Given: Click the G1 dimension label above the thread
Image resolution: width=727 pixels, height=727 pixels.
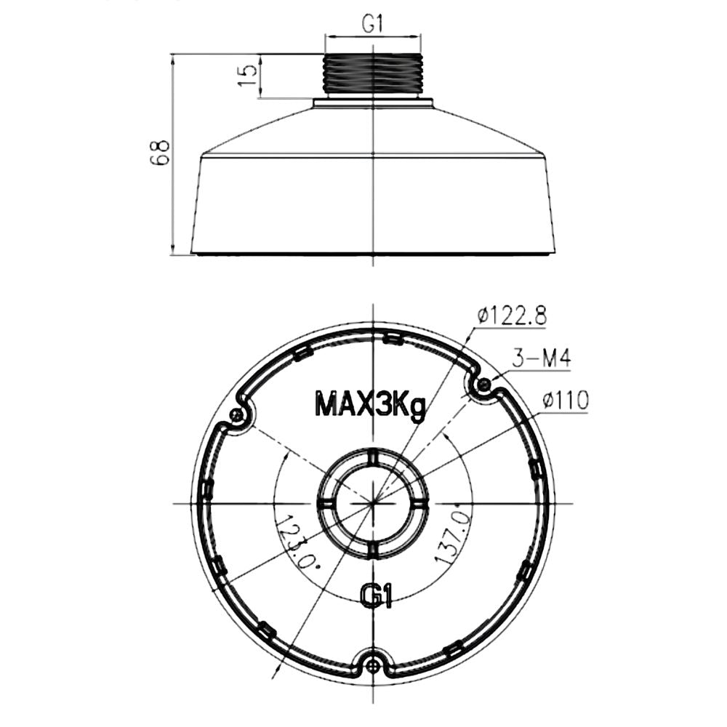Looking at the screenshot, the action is click(373, 25).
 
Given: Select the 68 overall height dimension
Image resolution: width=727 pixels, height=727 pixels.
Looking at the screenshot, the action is click(159, 152).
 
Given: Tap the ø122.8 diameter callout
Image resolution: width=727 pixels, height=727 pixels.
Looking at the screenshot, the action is click(513, 316).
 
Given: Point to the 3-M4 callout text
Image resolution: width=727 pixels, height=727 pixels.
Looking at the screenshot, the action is click(541, 358).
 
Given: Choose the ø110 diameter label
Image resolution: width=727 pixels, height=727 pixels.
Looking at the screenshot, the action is click(565, 400).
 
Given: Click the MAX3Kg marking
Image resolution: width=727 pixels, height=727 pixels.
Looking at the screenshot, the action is click(369, 405).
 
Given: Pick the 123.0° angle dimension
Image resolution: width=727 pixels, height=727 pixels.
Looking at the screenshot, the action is click(297, 541).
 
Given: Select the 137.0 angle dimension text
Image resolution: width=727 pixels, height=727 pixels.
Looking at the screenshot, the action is click(452, 532).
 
